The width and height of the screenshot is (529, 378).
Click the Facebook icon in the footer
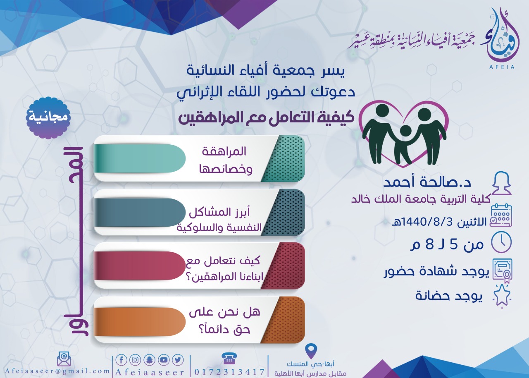(x=122, y=360)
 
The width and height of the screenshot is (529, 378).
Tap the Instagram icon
(x=135, y=360)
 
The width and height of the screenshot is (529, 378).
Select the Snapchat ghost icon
(x=149, y=360)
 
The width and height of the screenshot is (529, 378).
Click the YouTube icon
(x=163, y=360)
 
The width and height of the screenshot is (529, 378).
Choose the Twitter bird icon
(x=178, y=360)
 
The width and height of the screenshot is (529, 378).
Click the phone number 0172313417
(x=229, y=372)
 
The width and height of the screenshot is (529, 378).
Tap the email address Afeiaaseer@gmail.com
(x=57, y=371)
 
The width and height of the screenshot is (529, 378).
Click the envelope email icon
(x=64, y=360)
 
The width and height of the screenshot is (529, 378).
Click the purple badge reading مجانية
(x=48, y=117)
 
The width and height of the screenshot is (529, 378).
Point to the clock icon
(x=501, y=243)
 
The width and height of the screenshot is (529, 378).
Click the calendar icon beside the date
(x=501, y=216)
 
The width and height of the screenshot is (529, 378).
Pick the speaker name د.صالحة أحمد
(x=427, y=183)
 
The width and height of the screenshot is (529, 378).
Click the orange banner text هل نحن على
(x=224, y=312)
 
